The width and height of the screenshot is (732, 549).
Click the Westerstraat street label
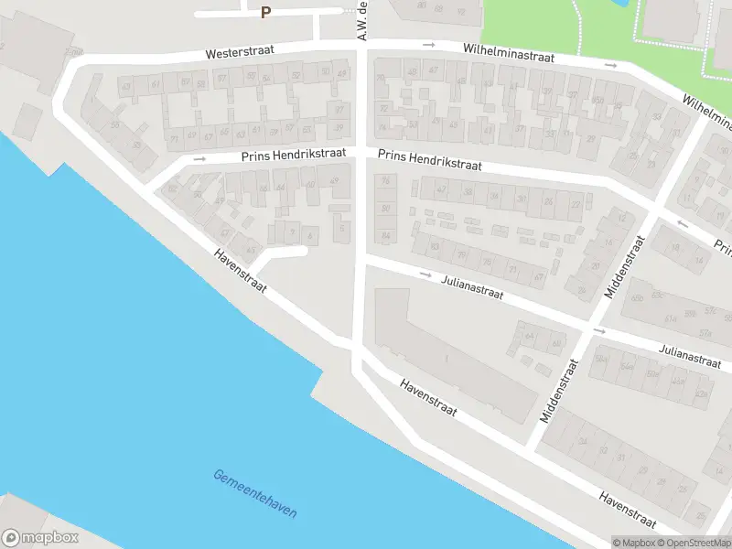tap(237, 54)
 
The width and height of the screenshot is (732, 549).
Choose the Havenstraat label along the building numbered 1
tap(428, 399)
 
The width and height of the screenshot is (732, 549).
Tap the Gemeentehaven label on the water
tap(254, 495)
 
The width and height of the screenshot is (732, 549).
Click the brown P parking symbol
tap(266, 12)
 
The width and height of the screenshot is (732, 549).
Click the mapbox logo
tap(40, 538)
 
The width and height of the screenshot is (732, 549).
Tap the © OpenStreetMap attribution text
tap(697, 543)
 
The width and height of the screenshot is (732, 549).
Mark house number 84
tap(386, 237)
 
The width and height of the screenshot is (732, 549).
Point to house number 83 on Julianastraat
tap(435, 247)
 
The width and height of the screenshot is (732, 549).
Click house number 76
tap(385, 181)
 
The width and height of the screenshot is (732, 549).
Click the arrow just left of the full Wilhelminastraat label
tap(428, 45)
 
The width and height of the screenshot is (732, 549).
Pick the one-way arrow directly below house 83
tap(425, 274)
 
